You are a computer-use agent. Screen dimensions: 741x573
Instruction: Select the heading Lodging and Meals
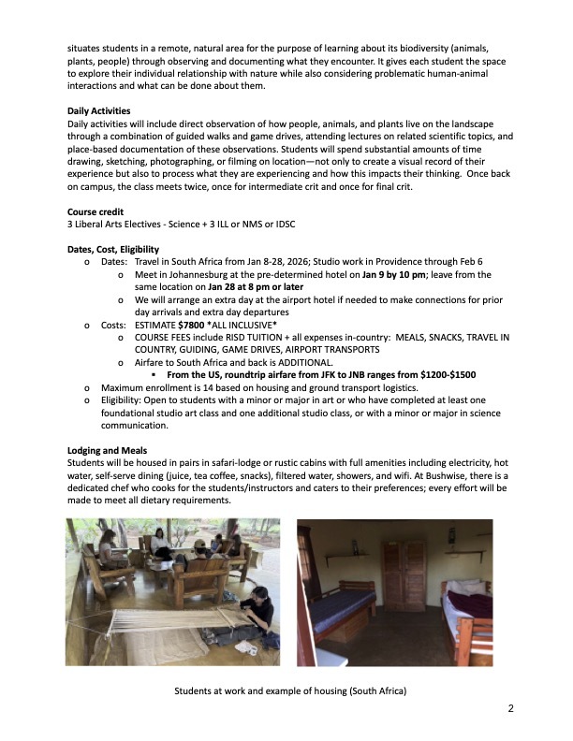tap(109, 450)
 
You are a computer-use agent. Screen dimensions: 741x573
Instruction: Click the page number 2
tap(511, 708)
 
